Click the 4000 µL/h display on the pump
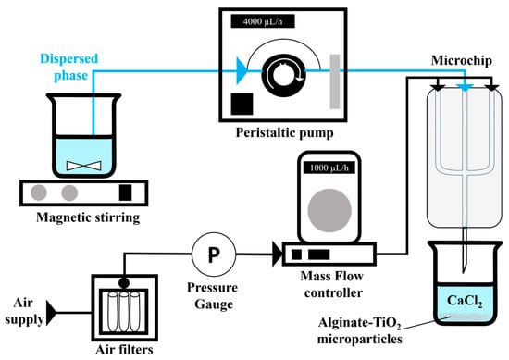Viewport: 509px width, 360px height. (263, 21)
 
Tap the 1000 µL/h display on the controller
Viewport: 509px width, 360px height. (329, 168)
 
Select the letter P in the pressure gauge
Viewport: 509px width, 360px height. (214, 254)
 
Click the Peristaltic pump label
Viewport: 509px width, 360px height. (284, 132)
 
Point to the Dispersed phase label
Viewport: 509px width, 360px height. (69, 67)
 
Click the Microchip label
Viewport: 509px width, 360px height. (461, 60)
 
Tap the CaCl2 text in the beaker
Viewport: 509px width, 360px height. (465, 301)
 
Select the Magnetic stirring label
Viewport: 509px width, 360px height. (88, 217)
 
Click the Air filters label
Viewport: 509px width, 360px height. (124, 349)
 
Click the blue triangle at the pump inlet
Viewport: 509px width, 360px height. (242, 70)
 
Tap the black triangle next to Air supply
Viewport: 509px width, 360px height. (51, 313)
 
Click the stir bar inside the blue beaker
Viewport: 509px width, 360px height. (83, 166)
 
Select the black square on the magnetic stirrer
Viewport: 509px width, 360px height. (125, 192)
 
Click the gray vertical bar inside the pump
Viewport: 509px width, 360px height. (335, 81)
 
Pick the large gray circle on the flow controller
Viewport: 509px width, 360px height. (329, 210)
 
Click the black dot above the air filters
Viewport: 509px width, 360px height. (124, 283)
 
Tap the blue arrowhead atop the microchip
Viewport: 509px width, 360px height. (465, 87)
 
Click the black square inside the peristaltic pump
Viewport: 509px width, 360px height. (242, 104)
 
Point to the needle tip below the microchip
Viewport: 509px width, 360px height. (465, 272)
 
